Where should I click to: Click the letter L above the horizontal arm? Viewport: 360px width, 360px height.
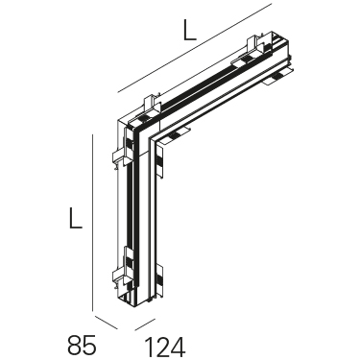tap(189, 30)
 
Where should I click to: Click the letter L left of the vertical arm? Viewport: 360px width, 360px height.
tap(76, 218)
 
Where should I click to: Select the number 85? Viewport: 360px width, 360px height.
tap(82, 345)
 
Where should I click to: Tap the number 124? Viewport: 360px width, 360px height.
tap(165, 348)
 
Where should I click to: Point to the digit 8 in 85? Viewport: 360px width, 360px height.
tap(74, 345)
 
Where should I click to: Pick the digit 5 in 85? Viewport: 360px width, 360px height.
tap(89, 345)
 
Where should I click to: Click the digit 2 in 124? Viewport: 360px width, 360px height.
tap(162, 348)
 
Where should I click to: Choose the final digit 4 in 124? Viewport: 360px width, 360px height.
tap(179, 348)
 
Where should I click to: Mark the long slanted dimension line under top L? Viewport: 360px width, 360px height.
tap(195, 48)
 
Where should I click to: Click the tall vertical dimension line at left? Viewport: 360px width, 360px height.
tap(92, 223)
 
